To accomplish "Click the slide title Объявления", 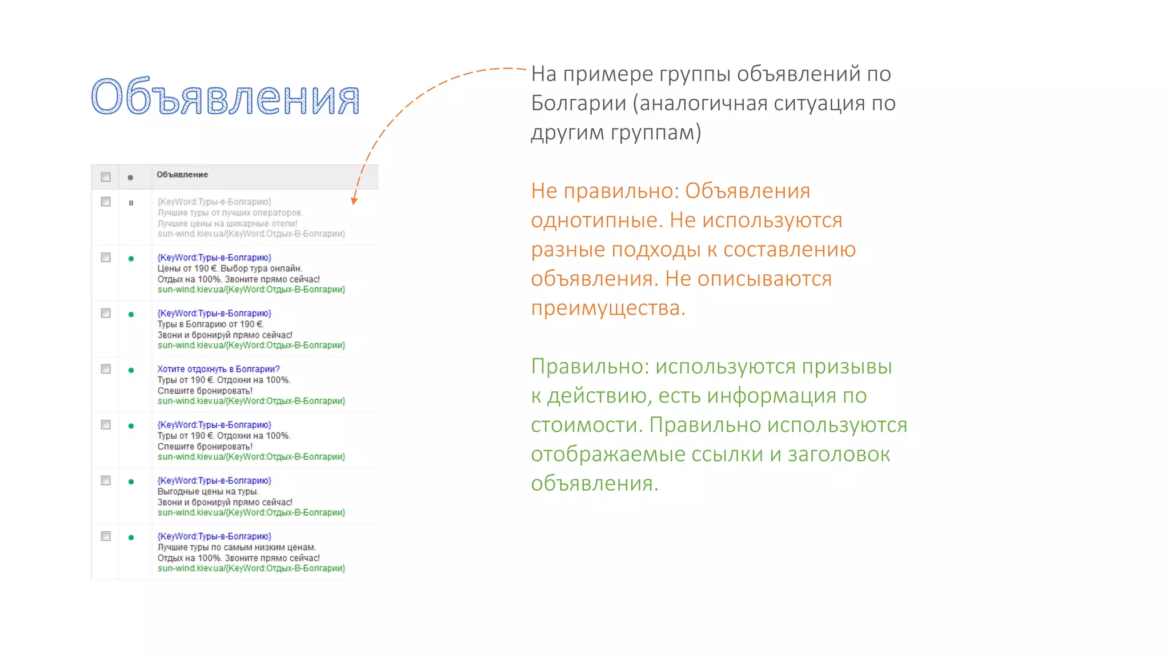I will click(x=225, y=97).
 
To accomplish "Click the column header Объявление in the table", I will click(x=182, y=175).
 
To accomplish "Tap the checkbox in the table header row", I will click(x=106, y=177).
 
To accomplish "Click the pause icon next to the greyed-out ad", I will click(x=131, y=203).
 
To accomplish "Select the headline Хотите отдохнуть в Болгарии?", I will click(x=218, y=369).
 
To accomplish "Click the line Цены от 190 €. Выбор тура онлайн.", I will click(x=229, y=268).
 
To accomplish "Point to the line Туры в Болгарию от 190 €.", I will click(x=210, y=324).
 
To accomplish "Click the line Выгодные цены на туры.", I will click(x=208, y=491).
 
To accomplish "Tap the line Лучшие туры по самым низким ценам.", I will click(x=237, y=547).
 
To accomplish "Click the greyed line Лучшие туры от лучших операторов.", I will click(x=230, y=212).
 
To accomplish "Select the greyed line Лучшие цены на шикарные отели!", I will click(x=227, y=223).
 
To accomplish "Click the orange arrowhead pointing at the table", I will click(x=354, y=200).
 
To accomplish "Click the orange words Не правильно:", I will click(x=604, y=191).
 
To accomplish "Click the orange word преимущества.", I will click(x=607, y=308).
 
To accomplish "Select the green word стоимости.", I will click(x=587, y=425).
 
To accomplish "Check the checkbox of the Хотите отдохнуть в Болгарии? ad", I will click(x=106, y=369).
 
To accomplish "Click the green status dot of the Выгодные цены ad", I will click(x=131, y=482).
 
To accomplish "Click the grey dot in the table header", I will click(x=130, y=178).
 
